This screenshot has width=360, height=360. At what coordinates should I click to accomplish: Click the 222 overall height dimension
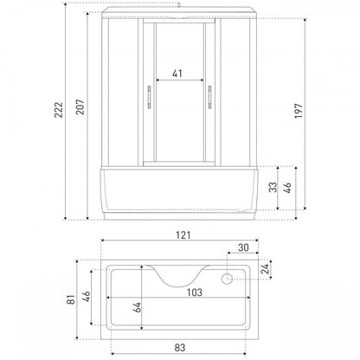click(59, 110)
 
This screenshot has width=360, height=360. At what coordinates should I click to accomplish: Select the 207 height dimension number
click(80, 106)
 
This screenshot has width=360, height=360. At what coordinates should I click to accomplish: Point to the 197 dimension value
click(299, 111)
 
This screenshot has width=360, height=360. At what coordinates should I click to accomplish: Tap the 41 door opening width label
click(177, 74)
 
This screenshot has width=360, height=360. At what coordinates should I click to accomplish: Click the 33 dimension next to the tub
click(273, 187)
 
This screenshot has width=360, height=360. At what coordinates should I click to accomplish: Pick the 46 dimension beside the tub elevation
click(287, 188)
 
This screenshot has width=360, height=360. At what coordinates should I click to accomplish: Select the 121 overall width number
click(183, 235)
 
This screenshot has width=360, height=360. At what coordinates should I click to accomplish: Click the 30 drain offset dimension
click(243, 247)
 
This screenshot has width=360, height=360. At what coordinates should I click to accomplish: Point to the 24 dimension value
click(265, 268)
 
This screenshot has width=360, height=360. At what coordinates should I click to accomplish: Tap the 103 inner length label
click(195, 292)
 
